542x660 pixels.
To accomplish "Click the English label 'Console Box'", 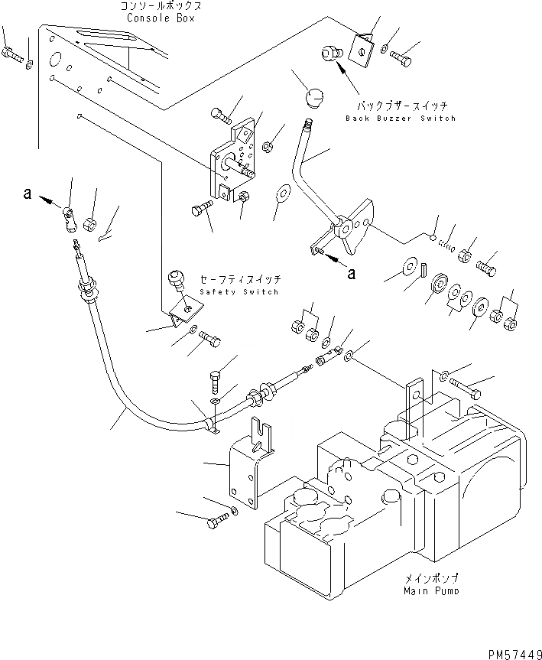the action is point(161,18).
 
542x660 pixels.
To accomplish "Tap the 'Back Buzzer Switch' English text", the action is point(401,119).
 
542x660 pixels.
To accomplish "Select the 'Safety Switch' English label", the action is point(239,291).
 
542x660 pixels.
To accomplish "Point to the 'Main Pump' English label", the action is point(431,591).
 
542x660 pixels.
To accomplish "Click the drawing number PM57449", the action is point(514,654).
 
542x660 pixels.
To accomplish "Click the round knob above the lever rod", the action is point(314,98).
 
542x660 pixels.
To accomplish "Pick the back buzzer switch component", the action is point(332,53).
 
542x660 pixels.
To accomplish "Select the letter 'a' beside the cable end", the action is point(28,194).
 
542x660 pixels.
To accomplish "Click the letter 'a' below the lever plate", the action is point(352,274).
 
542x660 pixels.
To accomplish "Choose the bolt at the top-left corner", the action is point(11,54).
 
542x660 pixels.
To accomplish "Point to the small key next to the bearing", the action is point(424,268).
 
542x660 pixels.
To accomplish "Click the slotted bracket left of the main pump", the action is point(252,462).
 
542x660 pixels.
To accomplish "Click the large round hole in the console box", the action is point(55,60).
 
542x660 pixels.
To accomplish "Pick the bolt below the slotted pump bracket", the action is point(218,520).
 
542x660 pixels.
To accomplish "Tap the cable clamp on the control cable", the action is point(212,424).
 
